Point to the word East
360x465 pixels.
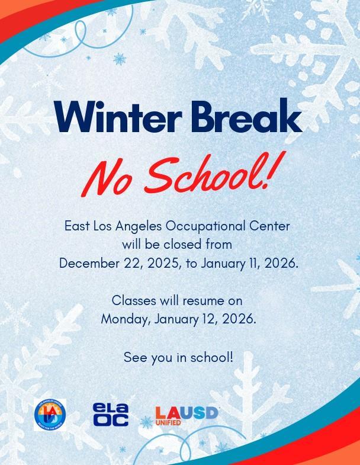[x=77, y=226]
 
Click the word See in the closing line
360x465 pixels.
[x=134, y=357]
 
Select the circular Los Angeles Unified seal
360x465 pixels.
[x=50, y=415]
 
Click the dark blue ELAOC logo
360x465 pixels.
[x=110, y=415]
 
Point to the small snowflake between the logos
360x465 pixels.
[x=146, y=422]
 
